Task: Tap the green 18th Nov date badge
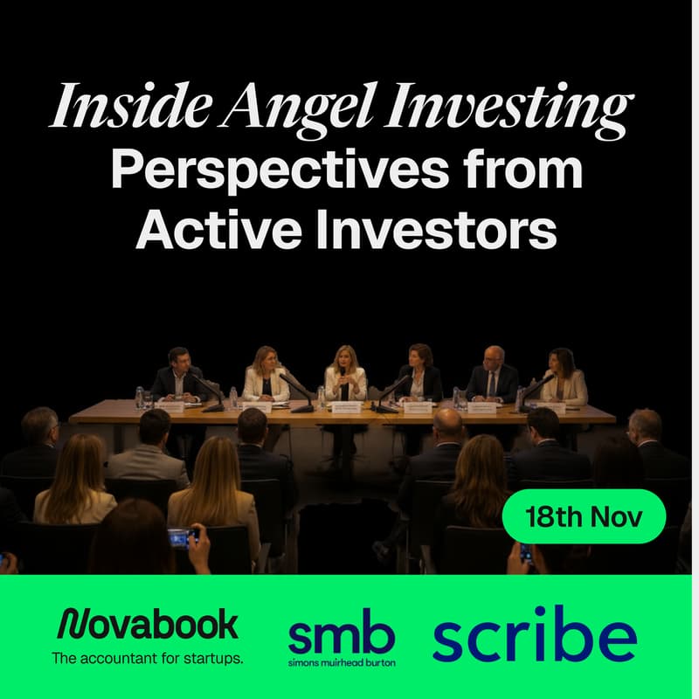pyautogui.click(x=585, y=516)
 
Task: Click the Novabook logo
pyautogui.click(x=148, y=625)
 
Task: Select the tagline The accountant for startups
pyautogui.click(x=147, y=657)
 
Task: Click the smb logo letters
pyautogui.click(x=342, y=636)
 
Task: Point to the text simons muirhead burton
pyautogui.click(x=342, y=663)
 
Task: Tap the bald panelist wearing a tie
pyautogui.click(x=491, y=374)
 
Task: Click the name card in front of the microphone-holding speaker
pyautogui.click(x=345, y=406)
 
